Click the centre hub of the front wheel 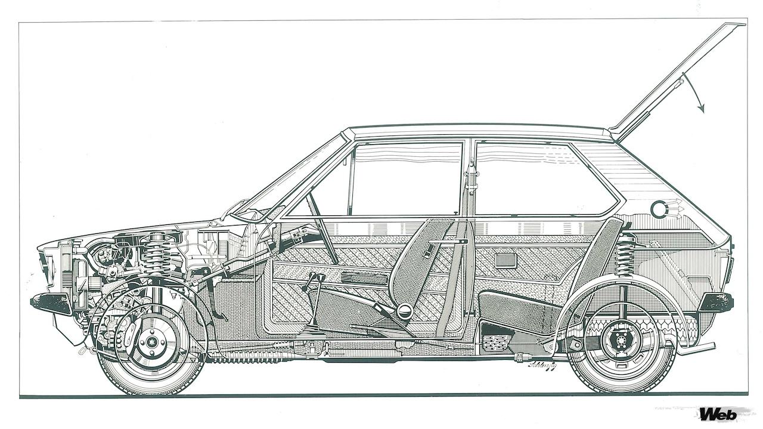152,342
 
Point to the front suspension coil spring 158,254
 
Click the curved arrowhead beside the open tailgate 701,109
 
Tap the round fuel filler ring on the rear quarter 659,209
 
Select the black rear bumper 716,301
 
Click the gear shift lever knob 315,277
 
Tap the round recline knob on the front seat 405,310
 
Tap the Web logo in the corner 718,413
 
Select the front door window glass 405,179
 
